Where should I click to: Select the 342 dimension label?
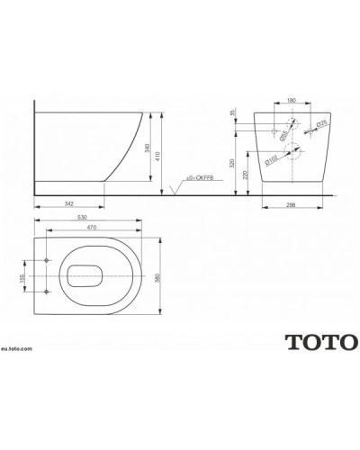pyautogui.click(x=69, y=204)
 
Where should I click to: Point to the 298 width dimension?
pyautogui.click(x=291, y=204)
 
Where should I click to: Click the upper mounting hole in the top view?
pyautogui.click(x=46, y=260)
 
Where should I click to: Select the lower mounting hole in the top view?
pyautogui.click(x=46, y=292)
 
